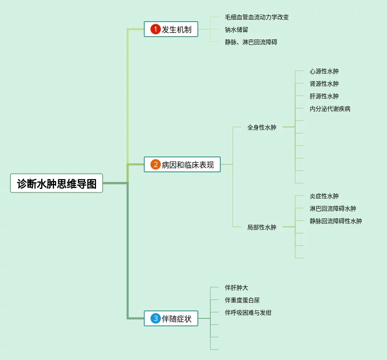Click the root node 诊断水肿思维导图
pos(57,183)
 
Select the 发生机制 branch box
pos(171,30)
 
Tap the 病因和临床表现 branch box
pos(182,164)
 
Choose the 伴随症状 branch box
pos(171,319)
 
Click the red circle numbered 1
pos(155,30)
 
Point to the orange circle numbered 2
pos(155,164)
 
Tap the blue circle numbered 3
pos(155,319)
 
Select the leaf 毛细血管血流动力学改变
pos(256,17)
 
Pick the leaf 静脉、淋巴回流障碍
pos(251,42)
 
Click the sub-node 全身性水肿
pos(261,127)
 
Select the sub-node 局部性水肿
pos(261,227)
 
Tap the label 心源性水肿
pos(324,71)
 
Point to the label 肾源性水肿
pos(324,84)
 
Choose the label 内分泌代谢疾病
pos(330,109)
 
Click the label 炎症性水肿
pos(324,196)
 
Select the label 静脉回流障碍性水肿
pos(335,221)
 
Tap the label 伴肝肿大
pos(236,288)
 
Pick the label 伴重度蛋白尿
pos(242,300)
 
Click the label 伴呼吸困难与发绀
pos(248,313)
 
